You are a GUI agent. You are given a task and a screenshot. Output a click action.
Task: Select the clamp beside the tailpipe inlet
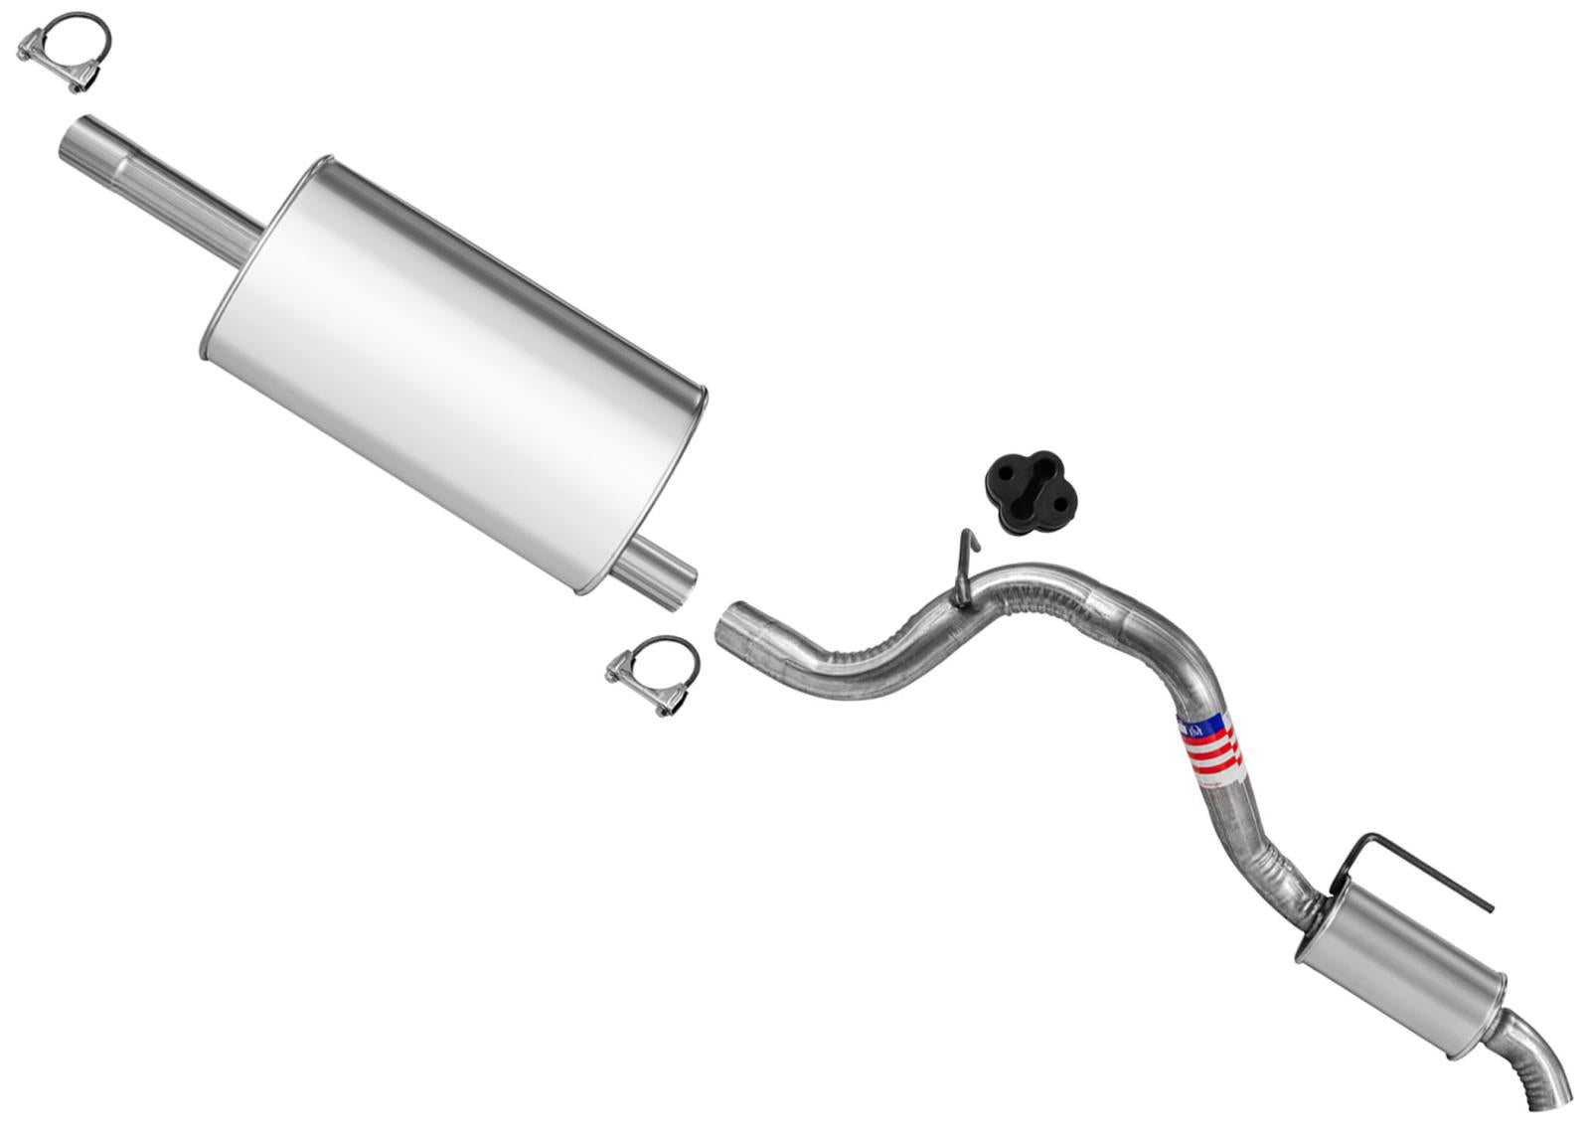[653, 675]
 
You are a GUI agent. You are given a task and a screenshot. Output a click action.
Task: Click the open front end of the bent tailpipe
[733, 624]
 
